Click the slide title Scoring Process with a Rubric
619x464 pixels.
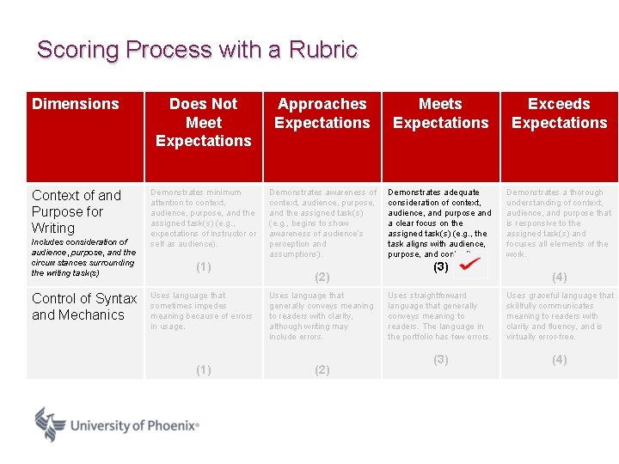(197, 50)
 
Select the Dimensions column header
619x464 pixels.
(76, 104)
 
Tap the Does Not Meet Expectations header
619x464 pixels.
(204, 122)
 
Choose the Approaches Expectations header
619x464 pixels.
(322, 113)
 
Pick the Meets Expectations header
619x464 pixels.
(440, 113)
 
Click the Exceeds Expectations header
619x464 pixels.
(559, 113)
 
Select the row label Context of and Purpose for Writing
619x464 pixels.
(77, 211)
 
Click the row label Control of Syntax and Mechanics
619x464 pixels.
(84, 307)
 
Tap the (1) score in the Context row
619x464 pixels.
(204, 267)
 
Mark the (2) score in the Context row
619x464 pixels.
(322, 277)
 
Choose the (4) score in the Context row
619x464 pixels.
(559, 277)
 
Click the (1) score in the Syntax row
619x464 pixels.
(204, 369)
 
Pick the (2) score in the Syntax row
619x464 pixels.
(322, 369)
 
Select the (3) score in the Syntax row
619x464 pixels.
(440, 359)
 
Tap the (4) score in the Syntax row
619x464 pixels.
(559, 359)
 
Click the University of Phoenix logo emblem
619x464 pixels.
(50, 424)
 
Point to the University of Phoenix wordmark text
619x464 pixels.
(134, 425)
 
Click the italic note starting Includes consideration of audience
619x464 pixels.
(83, 257)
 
